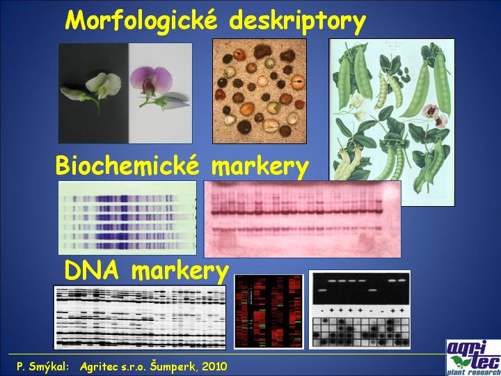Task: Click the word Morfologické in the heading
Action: point(140,19)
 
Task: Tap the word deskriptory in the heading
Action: point(298,21)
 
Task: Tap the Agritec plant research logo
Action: point(474,357)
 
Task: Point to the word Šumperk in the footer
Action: point(175,366)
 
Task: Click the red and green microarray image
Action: point(269,311)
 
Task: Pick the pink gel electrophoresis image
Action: point(302,219)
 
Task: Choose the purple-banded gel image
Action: point(127,218)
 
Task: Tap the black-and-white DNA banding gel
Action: point(140,318)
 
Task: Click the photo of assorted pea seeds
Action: point(260,91)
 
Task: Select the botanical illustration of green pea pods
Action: point(392,122)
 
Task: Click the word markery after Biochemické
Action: point(260,166)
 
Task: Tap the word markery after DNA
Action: point(180,272)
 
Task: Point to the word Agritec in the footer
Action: point(96,366)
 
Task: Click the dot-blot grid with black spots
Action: point(360,332)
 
